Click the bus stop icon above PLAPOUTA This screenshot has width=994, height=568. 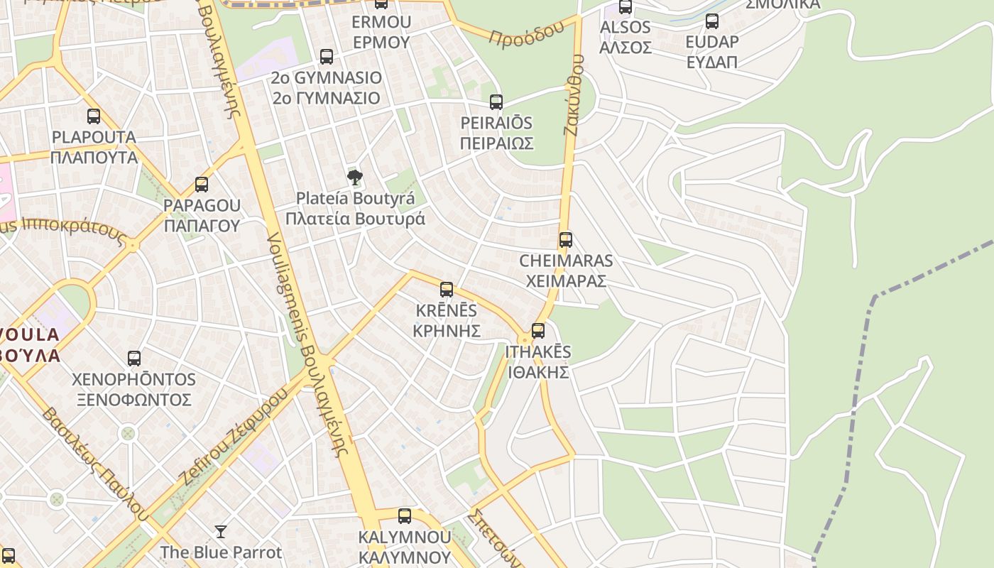pyautogui.click(x=94, y=116)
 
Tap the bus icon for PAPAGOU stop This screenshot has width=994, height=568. pyautogui.click(x=202, y=185)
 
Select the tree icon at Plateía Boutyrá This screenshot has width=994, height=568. pyautogui.click(x=355, y=177)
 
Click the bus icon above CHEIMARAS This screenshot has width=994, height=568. pyautogui.click(x=565, y=240)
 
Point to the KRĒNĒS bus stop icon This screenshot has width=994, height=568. pyautogui.click(x=447, y=290)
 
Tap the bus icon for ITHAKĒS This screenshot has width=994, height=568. pyautogui.click(x=538, y=331)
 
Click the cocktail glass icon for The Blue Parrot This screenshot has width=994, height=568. pyautogui.click(x=221, y=531)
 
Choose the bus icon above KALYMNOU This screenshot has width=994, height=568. pyautogui.click(x=405, y=516)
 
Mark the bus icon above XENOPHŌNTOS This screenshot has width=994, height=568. pyautogui.click(x=134, y=359)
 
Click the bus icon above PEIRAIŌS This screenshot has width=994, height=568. pyautogui.click(x=496, y=102)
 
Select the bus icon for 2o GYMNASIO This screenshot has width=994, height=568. pyautogui.click(x=327, y=57)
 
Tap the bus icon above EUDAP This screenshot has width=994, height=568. pyautogui.click(x=712, y=21)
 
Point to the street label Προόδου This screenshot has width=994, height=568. pyautogui.click(x=526, y=32)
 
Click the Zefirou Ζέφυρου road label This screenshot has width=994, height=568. pyautogui.click(x=235, y=436)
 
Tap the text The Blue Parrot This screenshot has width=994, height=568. pyautogui.click(x=221, y=552)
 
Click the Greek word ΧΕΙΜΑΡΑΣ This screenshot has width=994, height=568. pyautogui.click(x=566, y=280)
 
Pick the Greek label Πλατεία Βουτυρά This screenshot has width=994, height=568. pyautogui.click(x=355, y=218)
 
